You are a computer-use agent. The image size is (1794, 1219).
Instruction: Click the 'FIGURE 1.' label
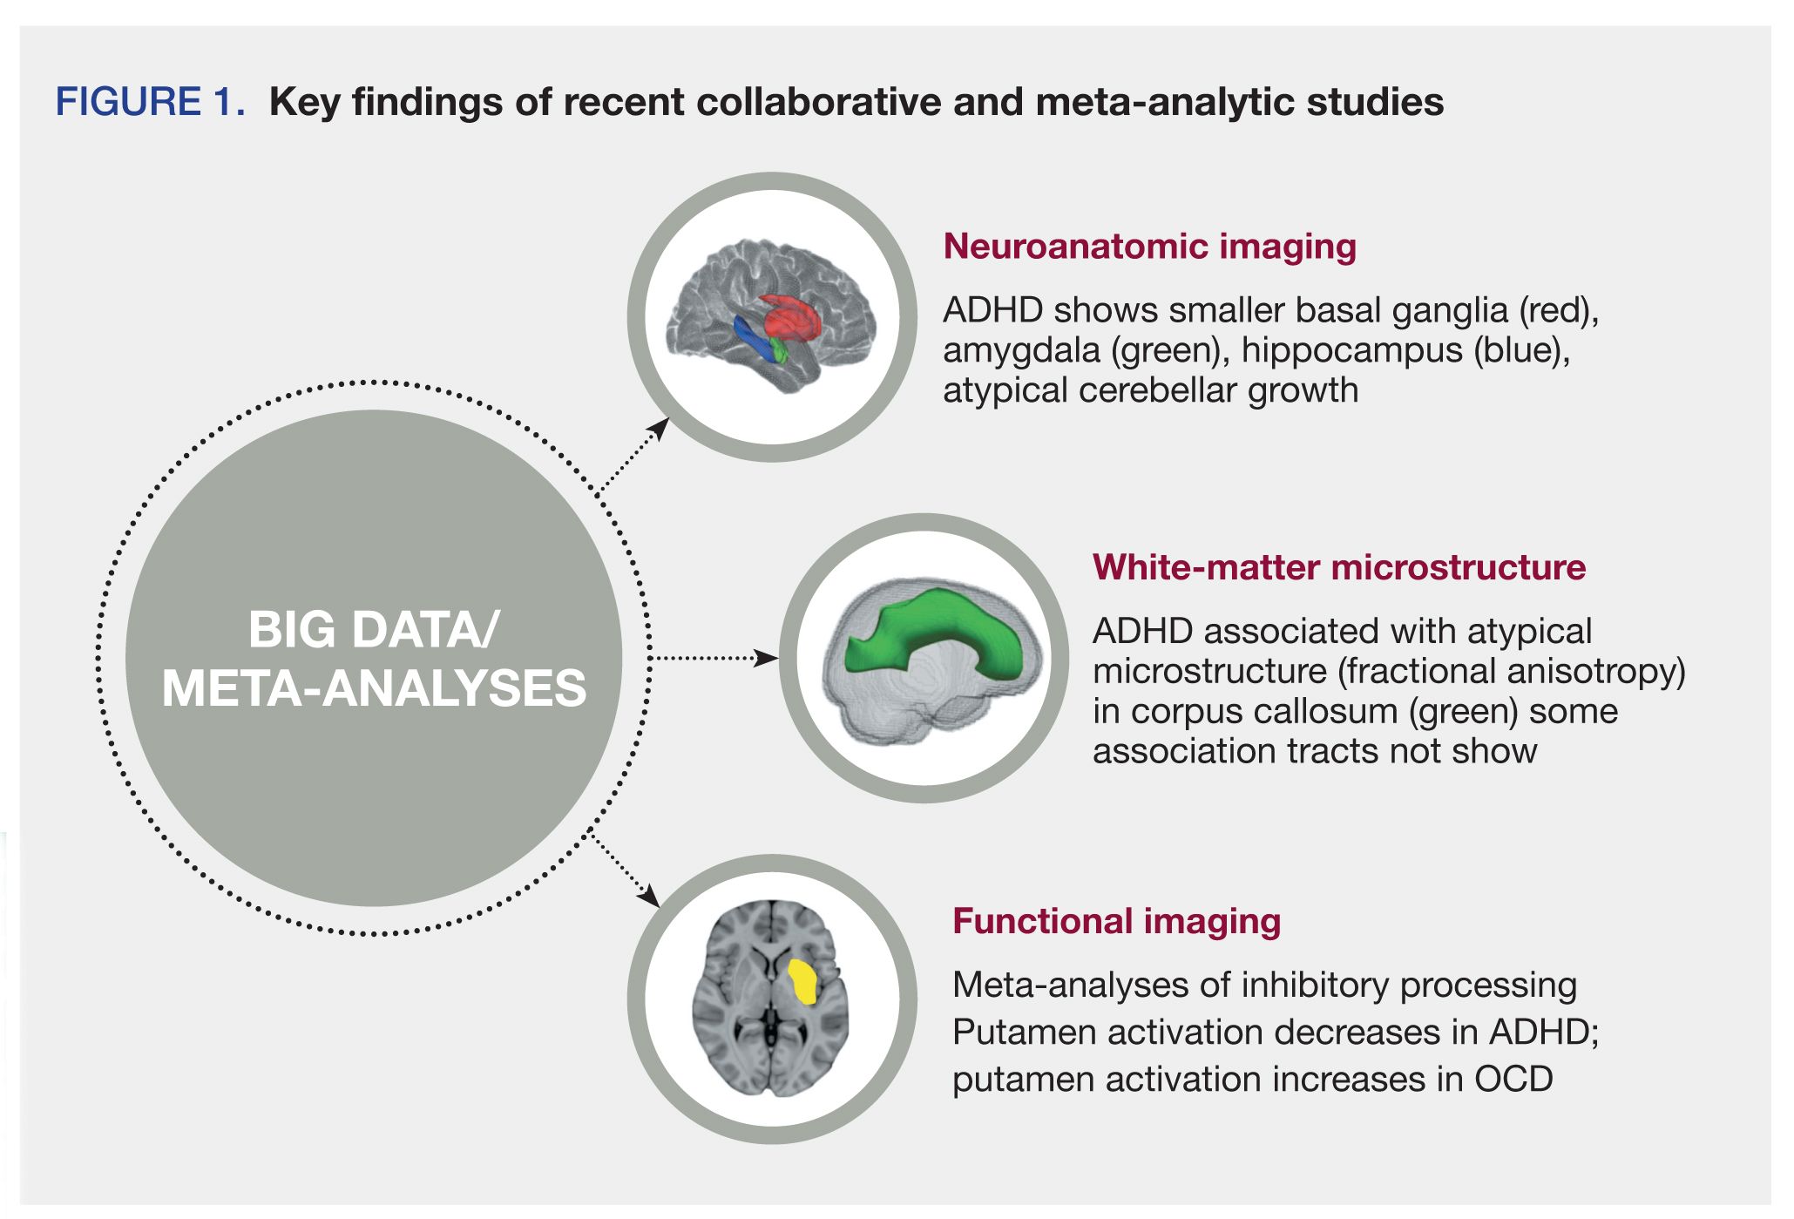[150, 102]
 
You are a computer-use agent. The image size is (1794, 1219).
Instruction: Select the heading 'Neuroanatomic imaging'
[1149, 247]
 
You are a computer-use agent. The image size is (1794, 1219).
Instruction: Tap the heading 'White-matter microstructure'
[1338, 567]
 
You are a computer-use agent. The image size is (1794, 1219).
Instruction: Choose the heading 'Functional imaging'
[1116, 921]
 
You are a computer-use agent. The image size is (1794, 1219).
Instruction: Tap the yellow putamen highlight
[802, 981]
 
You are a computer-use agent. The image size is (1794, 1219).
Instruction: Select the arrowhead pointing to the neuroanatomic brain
[660, 427]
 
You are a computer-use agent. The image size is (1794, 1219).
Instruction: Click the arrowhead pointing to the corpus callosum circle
[768, 658]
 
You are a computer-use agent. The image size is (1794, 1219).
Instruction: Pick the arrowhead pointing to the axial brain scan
[650, 897]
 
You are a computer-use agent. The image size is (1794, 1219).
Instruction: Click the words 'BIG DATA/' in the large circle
[374, 629]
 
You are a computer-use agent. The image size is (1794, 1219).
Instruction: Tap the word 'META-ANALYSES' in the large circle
[374, 688]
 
